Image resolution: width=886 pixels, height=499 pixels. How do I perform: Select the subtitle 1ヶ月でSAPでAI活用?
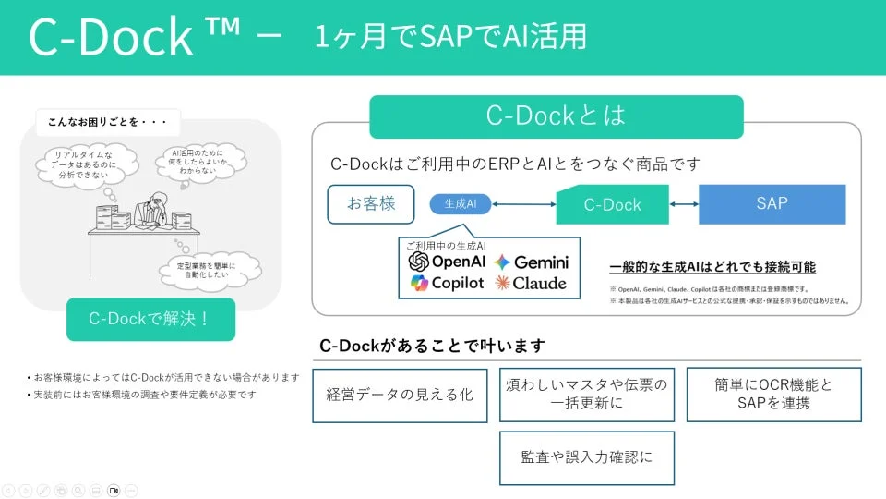[x=450, y=36]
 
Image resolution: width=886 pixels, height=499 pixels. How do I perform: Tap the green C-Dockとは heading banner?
[x=556, y=116]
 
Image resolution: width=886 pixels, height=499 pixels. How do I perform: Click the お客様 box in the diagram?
[x=370, y=203]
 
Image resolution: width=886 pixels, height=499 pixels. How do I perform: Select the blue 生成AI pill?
[x=460, y=203]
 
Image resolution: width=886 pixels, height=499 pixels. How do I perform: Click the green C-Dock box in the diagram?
[x=612, y=204]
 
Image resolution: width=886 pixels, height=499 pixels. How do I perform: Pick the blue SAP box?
[x=772, y=204]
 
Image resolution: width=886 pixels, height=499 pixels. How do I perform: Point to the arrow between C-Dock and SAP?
[x=683, y=204]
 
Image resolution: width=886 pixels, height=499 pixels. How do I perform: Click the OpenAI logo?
[x=447, y=262]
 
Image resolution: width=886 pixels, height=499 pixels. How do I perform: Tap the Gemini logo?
[x=531, y=262]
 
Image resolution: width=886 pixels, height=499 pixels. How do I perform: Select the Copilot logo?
[x=447, y=283]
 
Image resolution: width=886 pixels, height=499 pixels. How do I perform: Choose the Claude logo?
[x=531, y=283]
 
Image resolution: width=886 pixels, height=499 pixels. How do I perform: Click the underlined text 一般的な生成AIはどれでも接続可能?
[x=712, y=267]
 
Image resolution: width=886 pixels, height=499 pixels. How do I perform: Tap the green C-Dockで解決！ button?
[x=150, y=319]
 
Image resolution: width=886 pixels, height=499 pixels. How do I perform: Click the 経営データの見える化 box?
[x=400, y=395]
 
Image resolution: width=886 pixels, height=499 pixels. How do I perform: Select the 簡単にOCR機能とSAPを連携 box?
[x=773, y=394]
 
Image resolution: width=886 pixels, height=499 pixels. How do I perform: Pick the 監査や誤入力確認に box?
[x=586, y=456]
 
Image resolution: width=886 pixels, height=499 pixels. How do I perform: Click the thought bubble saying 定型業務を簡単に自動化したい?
[x=205, y=271]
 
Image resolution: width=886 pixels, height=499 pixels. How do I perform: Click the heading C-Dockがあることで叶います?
[x=432, y=346]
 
